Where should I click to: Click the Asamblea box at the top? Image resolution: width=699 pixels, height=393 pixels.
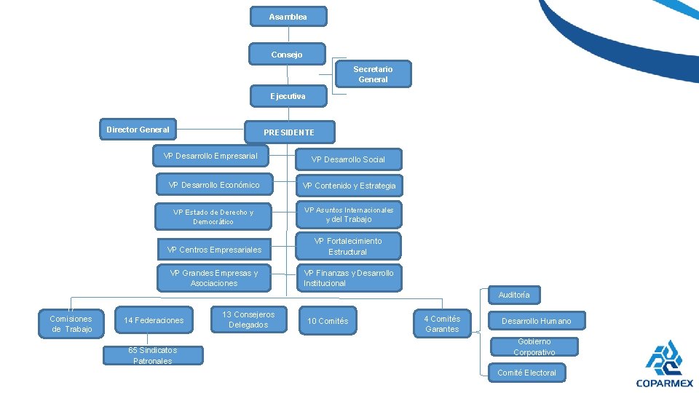click(288, 17)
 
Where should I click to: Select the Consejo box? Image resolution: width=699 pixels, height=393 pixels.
click(287, 55)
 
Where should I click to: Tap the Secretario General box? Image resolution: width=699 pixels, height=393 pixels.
click(373, 74)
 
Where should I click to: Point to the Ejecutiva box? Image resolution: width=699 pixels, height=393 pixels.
click(288, 96)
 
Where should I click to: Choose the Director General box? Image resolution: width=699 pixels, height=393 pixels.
click(138, 130)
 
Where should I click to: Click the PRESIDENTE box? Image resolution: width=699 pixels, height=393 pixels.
click(289, 132)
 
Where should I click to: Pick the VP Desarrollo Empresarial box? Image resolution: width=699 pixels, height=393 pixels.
click(210, 156)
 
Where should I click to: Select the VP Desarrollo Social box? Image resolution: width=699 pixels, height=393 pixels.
click(348, 159)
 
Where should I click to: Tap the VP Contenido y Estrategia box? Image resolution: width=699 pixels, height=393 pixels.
click(349, 186)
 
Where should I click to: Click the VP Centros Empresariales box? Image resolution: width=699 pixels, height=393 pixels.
click(214, 250)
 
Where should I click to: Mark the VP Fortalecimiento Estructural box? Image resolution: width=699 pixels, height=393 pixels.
click(348, 246)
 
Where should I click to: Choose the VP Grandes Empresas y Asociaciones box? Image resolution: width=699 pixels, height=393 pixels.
click(214, 278)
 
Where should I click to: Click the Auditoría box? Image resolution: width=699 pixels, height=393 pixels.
click(514, 295)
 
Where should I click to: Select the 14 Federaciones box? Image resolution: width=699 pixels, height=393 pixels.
click(154, 320)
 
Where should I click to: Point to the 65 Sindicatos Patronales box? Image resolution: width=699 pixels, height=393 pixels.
click(152, 355)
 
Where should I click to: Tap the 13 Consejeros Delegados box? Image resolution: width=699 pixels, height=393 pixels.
click(248, 319)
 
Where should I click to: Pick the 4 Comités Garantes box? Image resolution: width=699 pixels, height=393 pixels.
click(442, 324)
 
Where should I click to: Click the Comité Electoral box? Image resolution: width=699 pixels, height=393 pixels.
click(526, 373)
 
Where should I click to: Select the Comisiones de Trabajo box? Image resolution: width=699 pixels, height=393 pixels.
click(71, 324)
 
